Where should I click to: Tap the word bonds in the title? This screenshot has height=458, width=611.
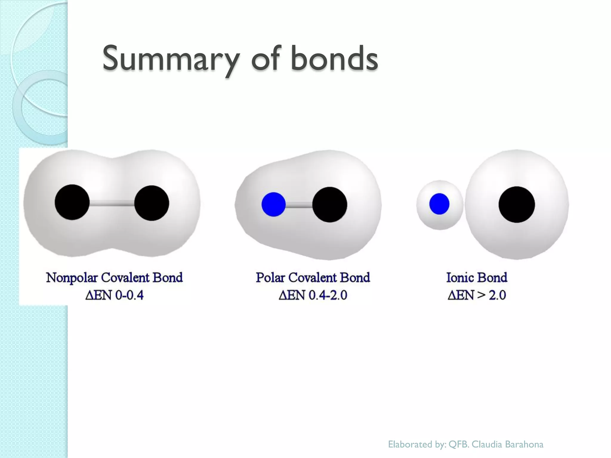coord(334,58)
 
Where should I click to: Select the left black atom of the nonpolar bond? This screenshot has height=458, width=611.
coord(72,202)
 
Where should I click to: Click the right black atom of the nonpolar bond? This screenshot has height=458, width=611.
coord(152,203)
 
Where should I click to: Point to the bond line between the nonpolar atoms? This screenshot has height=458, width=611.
coord(112,204)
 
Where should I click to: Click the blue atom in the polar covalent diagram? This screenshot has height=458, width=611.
coord(274,204)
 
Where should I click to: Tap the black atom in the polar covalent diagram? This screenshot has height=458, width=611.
coord(330,204)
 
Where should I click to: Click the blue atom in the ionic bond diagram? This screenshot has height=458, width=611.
coord(439,204)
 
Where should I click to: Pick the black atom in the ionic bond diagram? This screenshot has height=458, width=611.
coord(517,204)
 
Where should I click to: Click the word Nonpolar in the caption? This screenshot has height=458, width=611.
coord(72,278)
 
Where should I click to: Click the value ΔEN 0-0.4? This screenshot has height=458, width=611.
coord(115,295)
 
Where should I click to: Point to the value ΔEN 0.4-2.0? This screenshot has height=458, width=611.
coord(313,295)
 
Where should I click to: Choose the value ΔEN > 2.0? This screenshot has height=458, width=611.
coord(477,295)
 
